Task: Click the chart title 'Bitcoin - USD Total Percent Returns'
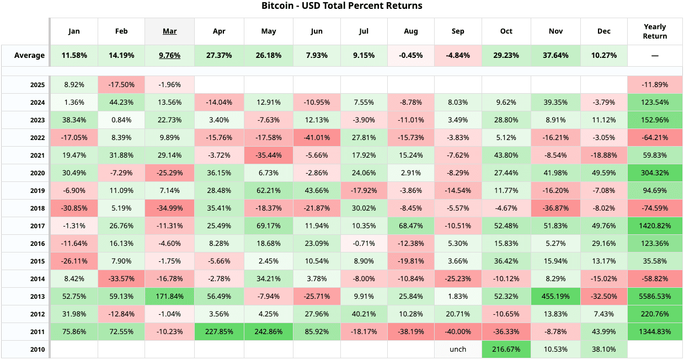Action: (x=341, y=6)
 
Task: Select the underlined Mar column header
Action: (x=169, y=31)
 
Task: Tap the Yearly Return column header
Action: (x=655, y=31)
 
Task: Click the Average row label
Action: (x=29, y=55)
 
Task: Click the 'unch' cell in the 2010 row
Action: (x=458, y=349)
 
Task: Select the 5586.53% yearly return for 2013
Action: (x=655, y=296)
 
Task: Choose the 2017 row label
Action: (x=37, y=225)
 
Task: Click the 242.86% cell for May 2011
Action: (x=269, y=331)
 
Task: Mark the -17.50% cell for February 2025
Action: (x=121, y=84)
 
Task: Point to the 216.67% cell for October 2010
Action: (x=506, y=349)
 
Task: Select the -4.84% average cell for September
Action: (x=458, y=55)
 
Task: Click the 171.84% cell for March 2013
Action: (x=169, y=296)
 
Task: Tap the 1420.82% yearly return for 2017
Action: (x=655, y=225)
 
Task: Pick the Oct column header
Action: (x=506, y=31)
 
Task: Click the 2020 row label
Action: (x=37, y=173)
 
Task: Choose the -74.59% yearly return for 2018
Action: (x=655, y=208)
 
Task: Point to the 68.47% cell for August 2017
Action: (x=410, y=225)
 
